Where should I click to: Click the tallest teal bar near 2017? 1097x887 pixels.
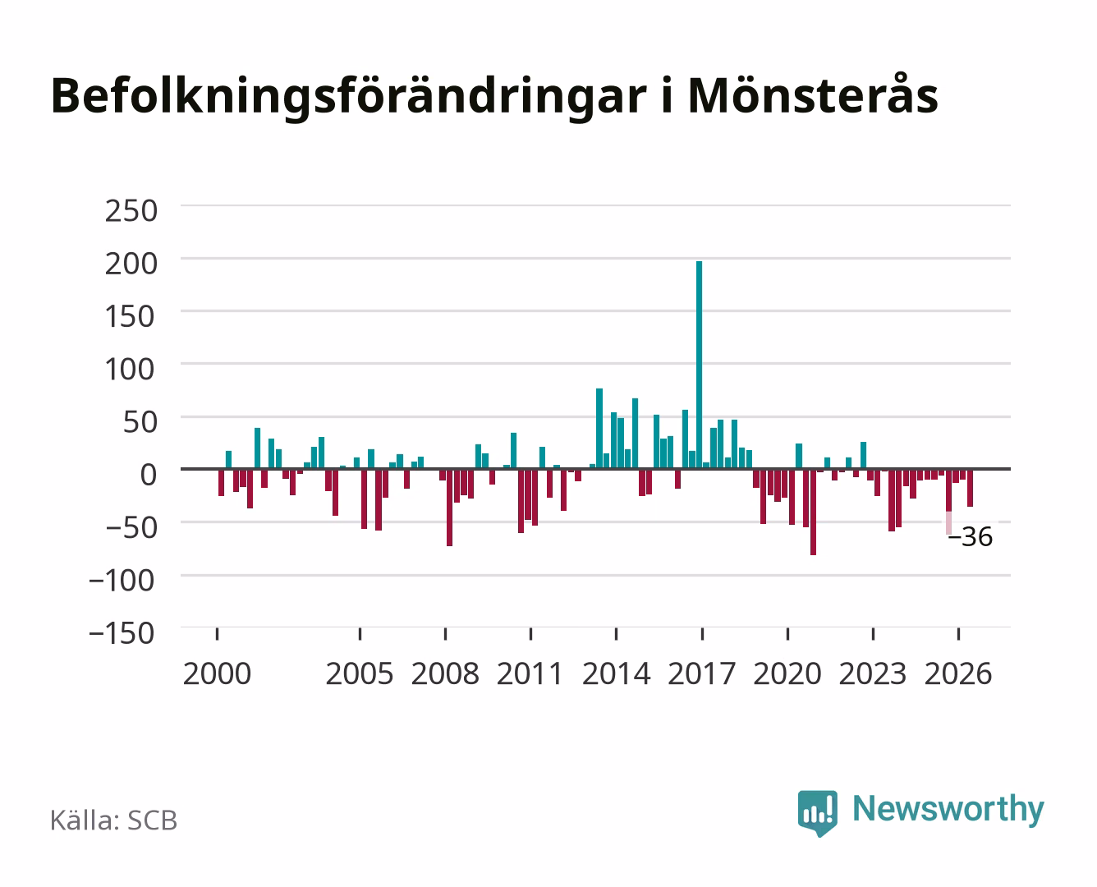tap(699, 365)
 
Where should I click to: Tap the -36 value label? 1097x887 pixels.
tap(970, 537)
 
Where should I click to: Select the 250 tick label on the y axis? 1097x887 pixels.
tap(131, 211)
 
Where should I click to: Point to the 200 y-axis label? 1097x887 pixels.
tap(131, 264)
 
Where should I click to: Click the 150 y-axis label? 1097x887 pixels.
tap(130, 316)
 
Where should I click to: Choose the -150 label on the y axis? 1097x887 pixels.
tap(122, 633)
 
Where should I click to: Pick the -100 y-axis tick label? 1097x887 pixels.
tap(122, 581)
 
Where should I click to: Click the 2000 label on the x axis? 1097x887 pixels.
tap(217, 673)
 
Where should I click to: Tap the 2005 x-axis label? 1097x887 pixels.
tap(360, 673)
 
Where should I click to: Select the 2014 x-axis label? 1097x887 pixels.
tap(617, 673)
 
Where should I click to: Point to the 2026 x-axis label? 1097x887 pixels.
tap(958, 673)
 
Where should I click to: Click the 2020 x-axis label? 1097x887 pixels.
tap(787, 673)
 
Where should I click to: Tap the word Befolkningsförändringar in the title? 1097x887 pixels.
tap(349, 97)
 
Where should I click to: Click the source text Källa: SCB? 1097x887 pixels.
tap(113, 820)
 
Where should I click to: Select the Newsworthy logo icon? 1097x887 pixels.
tap(817, 813)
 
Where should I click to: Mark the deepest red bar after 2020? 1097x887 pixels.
tap(813, 512)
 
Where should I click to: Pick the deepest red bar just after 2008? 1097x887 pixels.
tap(450, 508)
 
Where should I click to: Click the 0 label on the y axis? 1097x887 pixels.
tap(149, 475)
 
